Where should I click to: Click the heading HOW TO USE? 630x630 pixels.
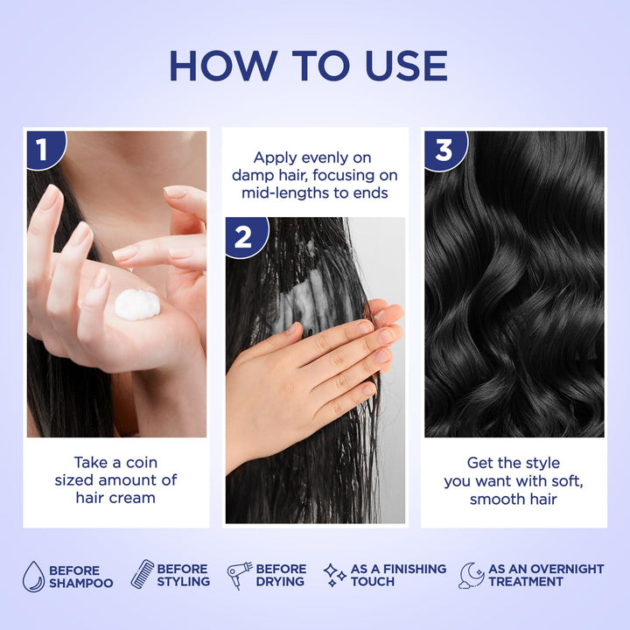pos(308,66)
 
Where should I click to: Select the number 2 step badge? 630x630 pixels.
pos(243,235)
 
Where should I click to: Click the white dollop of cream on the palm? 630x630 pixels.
pos(138,304)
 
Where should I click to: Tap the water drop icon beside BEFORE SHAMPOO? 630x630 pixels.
pos(33,576)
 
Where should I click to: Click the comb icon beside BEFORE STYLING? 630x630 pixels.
pos(142,574)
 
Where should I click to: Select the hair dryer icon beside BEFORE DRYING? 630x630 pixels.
pos(240,575)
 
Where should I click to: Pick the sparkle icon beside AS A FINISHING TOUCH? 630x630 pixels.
pos(334,575)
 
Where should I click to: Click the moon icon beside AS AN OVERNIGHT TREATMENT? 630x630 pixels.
pos(472,575)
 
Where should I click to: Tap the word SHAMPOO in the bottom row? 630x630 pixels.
pos(81,583)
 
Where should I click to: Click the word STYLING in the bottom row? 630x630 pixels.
pos(184,581)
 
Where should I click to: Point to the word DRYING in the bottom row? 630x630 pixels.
pos(281,581)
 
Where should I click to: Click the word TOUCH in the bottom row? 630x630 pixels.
pos(373,581)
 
